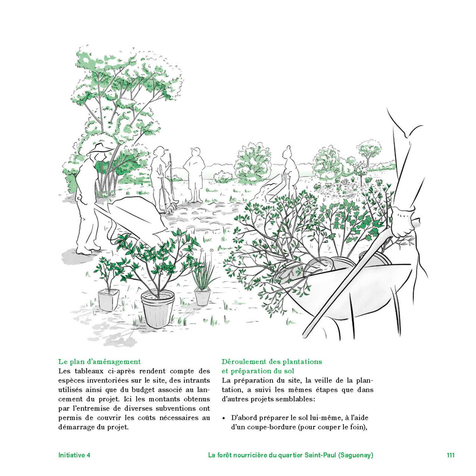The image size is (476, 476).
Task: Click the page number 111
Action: click(x=450, y=455)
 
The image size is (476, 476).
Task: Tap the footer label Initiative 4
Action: click(x=74, y=455)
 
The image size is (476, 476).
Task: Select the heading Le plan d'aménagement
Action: click(x=99, y=362)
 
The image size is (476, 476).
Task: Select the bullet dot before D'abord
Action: click(x=224, y=418)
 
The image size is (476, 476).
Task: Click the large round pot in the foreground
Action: click(x=158, y=309)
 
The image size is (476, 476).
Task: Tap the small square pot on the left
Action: click(x=108, y=300)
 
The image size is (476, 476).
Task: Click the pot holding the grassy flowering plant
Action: click(x=202, y=297)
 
